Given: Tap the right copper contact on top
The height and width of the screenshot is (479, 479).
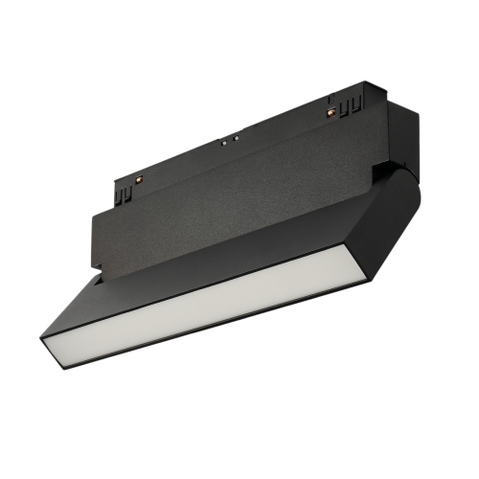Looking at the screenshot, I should click(x=332, y=112).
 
